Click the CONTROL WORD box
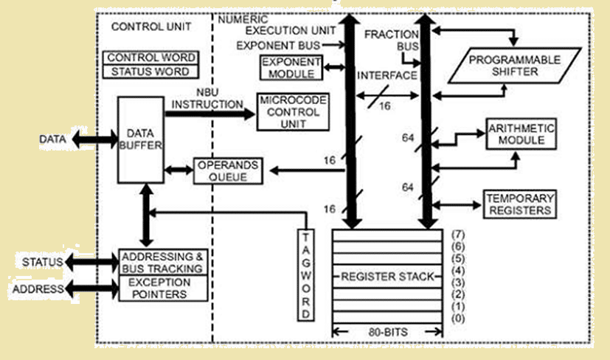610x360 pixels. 151,58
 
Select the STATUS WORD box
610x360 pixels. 151,72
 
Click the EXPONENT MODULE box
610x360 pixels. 288,67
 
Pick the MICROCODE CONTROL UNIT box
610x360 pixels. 291,112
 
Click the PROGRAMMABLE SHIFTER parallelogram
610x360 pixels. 503,66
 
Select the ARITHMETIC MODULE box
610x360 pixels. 521,133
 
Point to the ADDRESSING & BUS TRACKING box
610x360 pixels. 162,262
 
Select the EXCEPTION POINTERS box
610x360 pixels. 162,288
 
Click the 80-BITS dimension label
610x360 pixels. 386,331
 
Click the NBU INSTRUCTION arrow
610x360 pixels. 210,114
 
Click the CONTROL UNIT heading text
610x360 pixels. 150,27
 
